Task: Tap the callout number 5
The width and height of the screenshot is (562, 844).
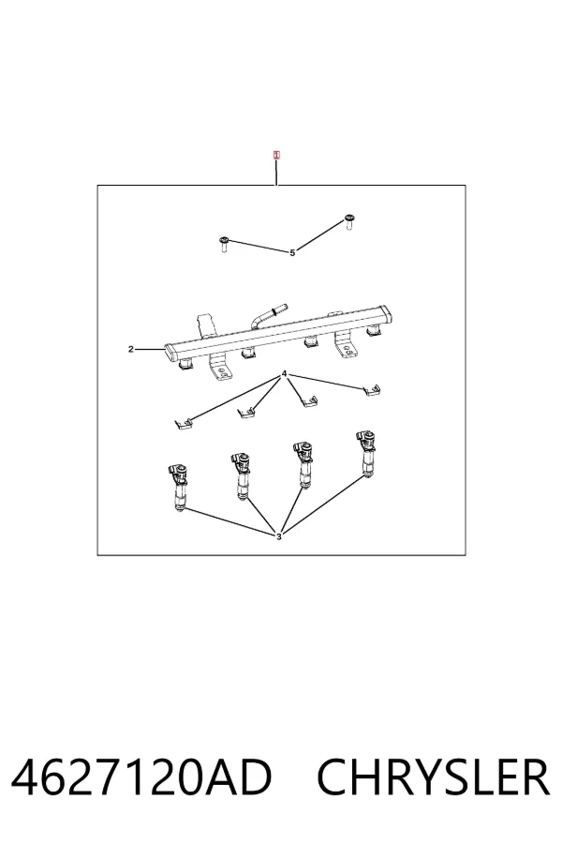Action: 292,252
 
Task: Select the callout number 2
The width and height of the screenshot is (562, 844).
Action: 131,350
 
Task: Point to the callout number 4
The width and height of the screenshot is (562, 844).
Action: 285,374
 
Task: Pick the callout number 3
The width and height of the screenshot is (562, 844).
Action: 278,536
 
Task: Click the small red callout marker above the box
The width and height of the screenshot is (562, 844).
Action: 276,156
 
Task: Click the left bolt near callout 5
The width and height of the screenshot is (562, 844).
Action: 224,245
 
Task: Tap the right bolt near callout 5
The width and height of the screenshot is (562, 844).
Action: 348,222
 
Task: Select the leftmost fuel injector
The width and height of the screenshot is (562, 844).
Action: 179,487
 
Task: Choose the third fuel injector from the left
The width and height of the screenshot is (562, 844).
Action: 303,465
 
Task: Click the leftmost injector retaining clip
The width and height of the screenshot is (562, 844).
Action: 183,424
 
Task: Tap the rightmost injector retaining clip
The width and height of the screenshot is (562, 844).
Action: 372,389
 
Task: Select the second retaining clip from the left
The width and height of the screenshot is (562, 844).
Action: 245,413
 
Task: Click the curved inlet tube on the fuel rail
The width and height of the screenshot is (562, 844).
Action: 267,314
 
